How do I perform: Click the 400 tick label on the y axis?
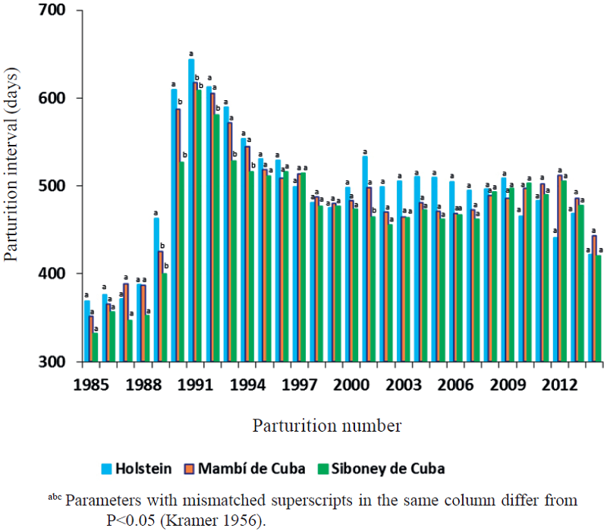49,274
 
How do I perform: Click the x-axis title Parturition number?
327,424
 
